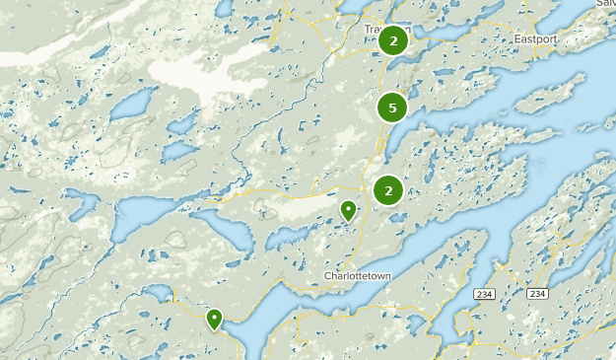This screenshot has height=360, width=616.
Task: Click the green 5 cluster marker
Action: [x=392, y=108]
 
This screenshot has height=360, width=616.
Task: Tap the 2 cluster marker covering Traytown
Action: [x=393, y=40]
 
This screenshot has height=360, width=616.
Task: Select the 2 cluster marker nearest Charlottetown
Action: [x=389, y=190]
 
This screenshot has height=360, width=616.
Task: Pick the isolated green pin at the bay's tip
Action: [x=214, y=319]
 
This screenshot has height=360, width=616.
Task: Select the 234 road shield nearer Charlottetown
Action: [x=483, y=294]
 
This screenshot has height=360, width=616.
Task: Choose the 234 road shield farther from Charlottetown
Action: [x=536, y=294]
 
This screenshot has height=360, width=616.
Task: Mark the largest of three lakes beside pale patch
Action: [x=136, y=103]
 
